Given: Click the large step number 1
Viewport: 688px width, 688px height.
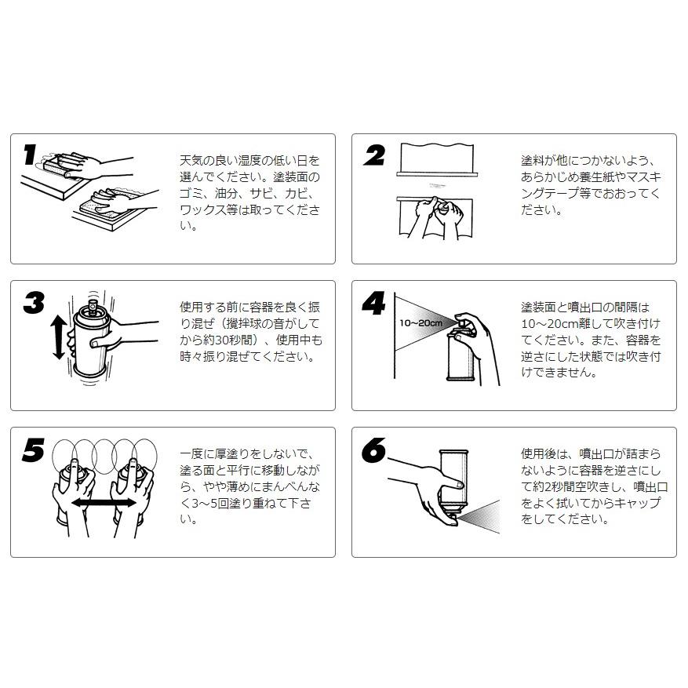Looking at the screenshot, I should coord(30,155).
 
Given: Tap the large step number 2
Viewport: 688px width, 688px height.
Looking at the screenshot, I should coord(374,155).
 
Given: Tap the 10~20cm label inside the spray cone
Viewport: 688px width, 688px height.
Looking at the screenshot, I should coord(420,322).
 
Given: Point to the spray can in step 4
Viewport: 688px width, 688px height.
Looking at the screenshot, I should coord(460,357).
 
